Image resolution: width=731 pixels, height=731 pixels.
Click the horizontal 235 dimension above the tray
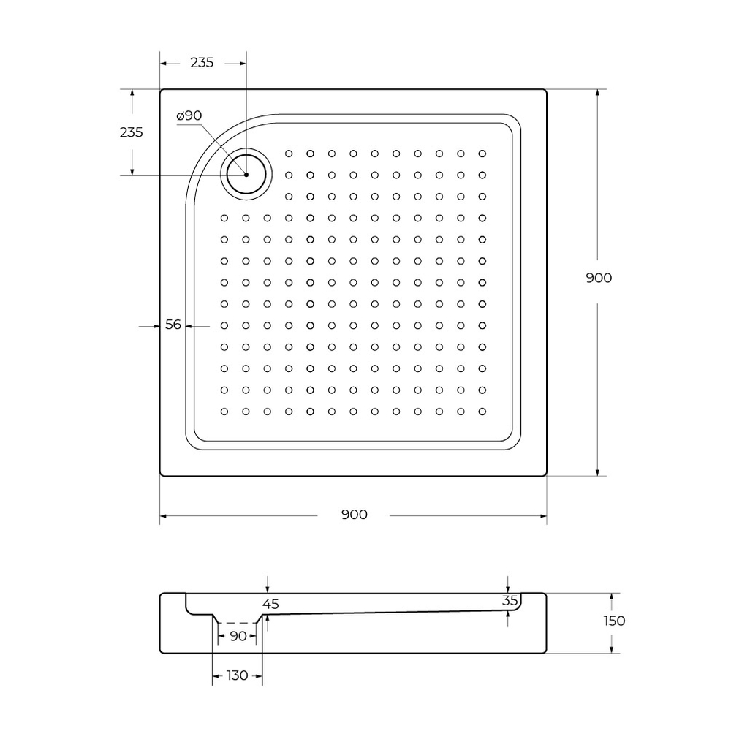[x=202, y=63]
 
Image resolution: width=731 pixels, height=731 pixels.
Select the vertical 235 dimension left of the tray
[x=131, y=132]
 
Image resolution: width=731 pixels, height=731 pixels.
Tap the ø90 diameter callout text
[x=189, y=115]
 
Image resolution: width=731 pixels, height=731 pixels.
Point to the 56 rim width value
[x=173, y=325]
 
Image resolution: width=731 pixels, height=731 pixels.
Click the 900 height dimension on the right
[x=599, y=278]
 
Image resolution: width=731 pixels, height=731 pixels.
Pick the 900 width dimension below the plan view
[x=354, y=515]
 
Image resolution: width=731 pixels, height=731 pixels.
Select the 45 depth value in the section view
[x=270, y=604]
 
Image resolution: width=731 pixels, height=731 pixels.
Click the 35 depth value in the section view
[x=510, y=600]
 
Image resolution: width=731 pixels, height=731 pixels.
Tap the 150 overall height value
[x=614, y=621]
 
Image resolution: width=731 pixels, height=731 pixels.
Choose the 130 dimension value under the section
[x=237, y=675]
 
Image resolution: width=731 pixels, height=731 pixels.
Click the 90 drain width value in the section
[x=238, y=637]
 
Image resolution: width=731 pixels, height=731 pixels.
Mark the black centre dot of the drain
[x=246, y=175]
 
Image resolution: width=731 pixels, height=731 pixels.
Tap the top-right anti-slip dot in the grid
[x=482, y=154]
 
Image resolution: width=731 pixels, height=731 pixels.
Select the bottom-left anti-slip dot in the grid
[x=224, y=412]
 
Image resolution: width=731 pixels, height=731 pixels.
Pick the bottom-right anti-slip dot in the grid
[x=482, y=412]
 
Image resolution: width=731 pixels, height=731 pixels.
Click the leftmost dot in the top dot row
[x=289, y=154]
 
